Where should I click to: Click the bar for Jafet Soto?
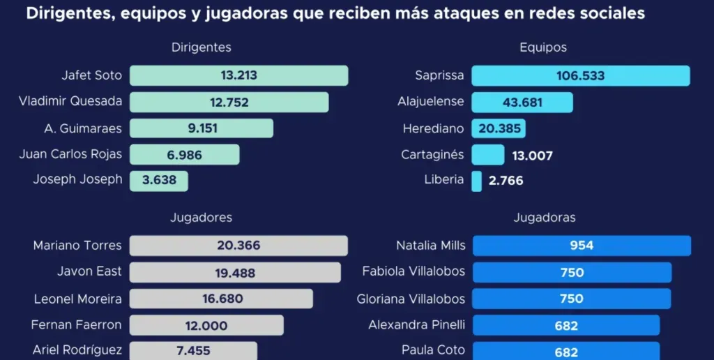238,75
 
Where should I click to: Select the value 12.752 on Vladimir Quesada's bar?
229,102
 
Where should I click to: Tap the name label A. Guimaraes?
82,128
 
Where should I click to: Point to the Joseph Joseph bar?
159,181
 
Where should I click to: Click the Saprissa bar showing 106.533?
580,75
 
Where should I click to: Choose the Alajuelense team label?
430,102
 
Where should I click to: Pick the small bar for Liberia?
476,181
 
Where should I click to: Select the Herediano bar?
499,128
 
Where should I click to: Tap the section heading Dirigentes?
201,47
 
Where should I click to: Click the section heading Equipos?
543,47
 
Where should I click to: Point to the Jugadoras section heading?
545,218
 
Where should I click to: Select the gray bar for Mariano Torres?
238,246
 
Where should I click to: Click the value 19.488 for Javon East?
235,273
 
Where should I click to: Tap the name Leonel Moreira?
77,299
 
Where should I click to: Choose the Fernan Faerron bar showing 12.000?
206,325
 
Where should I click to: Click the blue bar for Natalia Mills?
582,246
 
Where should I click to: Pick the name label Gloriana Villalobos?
411,299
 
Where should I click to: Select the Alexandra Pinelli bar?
565,325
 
